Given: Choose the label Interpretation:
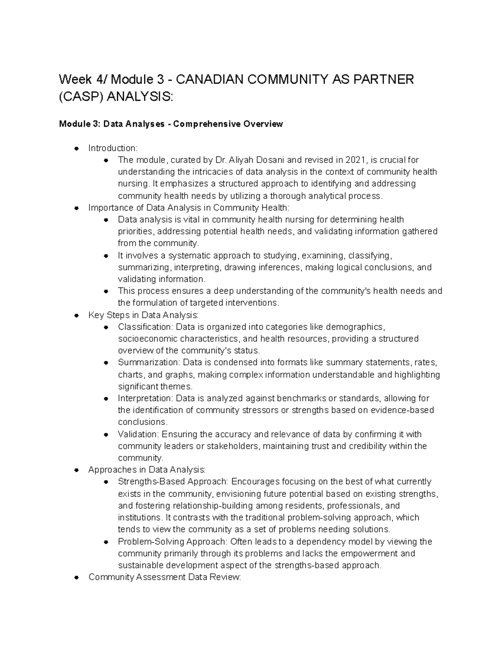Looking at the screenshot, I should click(x=146, y=398).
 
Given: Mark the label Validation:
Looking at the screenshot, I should click(x=138, y=434).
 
